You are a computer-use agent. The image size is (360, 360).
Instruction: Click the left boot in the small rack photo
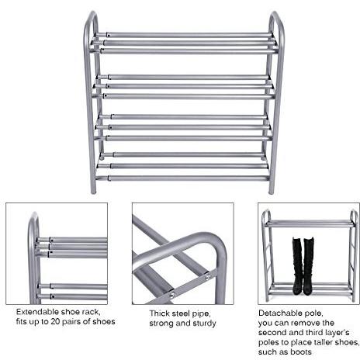297,266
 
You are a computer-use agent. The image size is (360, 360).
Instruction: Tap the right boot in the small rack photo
309,266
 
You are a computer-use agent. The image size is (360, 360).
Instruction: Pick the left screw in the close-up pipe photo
172,295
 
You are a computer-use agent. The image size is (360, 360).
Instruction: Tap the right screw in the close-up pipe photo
208,278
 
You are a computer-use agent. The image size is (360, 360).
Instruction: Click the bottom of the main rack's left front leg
93,191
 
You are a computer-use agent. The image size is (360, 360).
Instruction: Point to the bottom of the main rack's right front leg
271,191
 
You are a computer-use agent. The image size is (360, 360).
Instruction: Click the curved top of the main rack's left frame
91,16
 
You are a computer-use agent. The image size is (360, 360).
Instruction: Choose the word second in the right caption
272,333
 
